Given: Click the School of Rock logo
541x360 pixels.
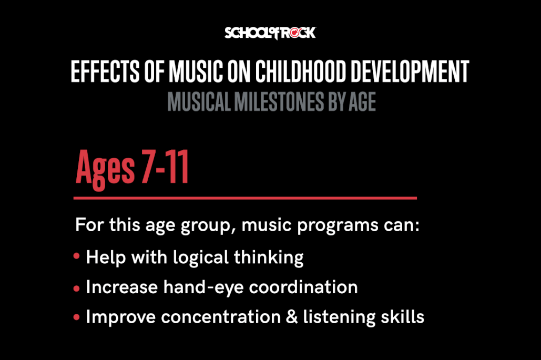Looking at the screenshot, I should [x=270, y=33].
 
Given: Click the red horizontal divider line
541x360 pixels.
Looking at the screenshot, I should [x=245, y=198].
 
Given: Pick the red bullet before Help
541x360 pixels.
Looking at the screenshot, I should [x=77, y=258].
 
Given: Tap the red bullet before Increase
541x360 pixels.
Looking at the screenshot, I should [x=77, y=288].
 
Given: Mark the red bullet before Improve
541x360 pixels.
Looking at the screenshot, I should [x=77, y=318].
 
